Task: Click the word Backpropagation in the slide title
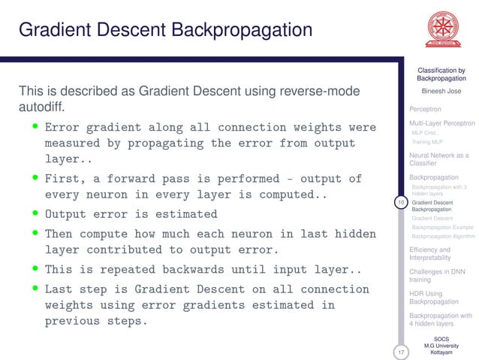point(240,31)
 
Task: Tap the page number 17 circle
point(401,352)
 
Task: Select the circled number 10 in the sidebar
point(401,202)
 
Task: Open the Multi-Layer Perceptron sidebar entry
point(441,123)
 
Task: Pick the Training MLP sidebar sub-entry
point(427,141)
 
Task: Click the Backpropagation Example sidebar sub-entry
point(442,226)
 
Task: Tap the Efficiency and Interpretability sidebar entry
point(430,253)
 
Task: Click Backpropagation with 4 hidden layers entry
point(440,319)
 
